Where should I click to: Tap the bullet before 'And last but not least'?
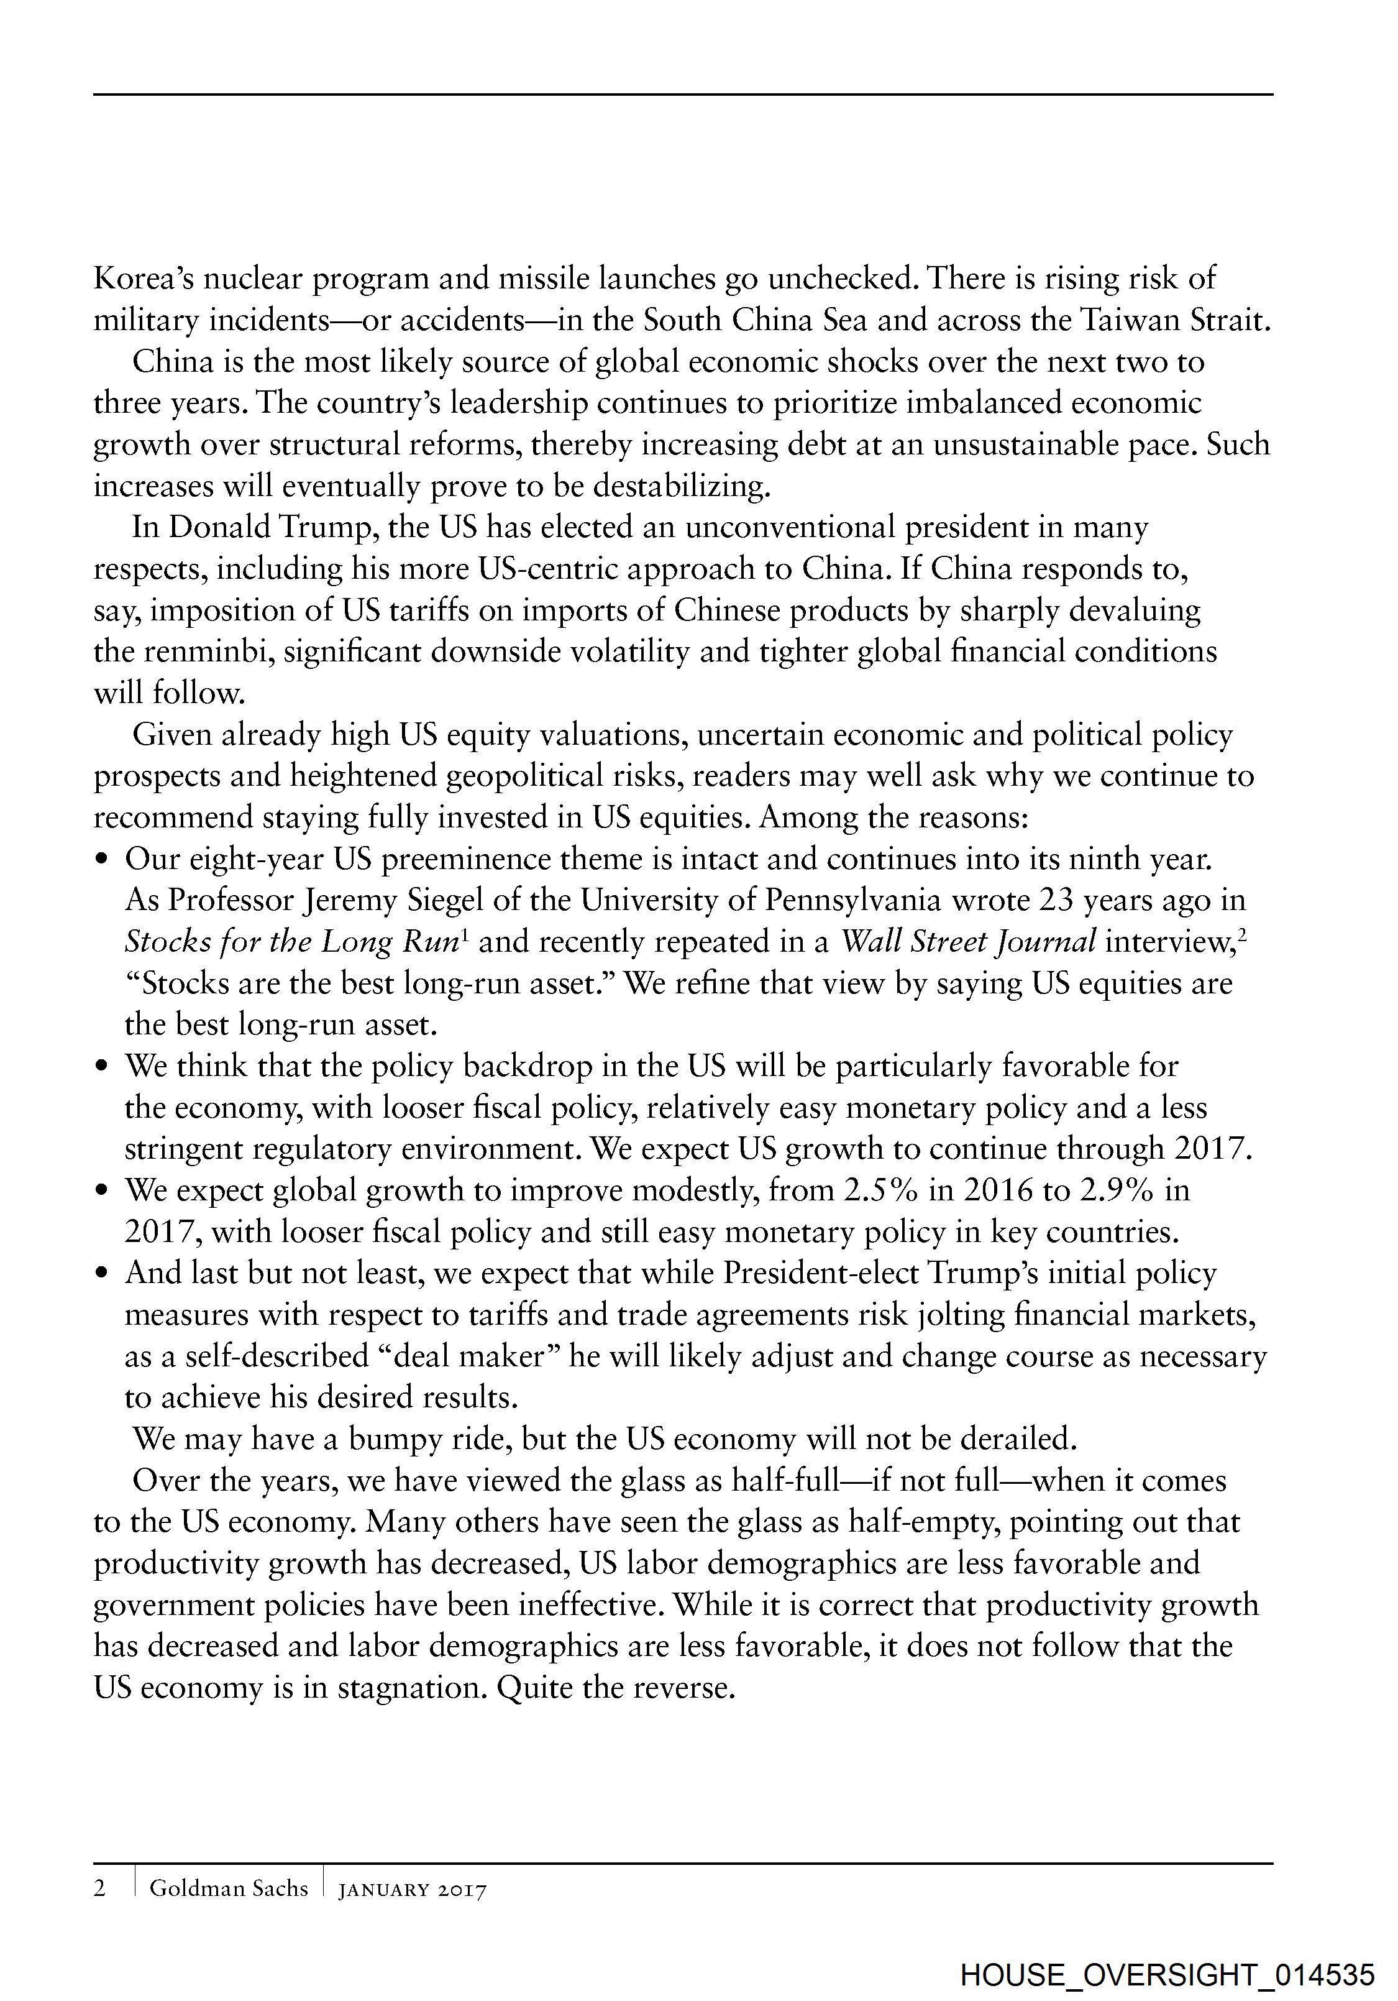103,1274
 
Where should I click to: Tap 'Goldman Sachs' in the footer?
228,1888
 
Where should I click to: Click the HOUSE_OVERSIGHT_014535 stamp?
1167,1973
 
